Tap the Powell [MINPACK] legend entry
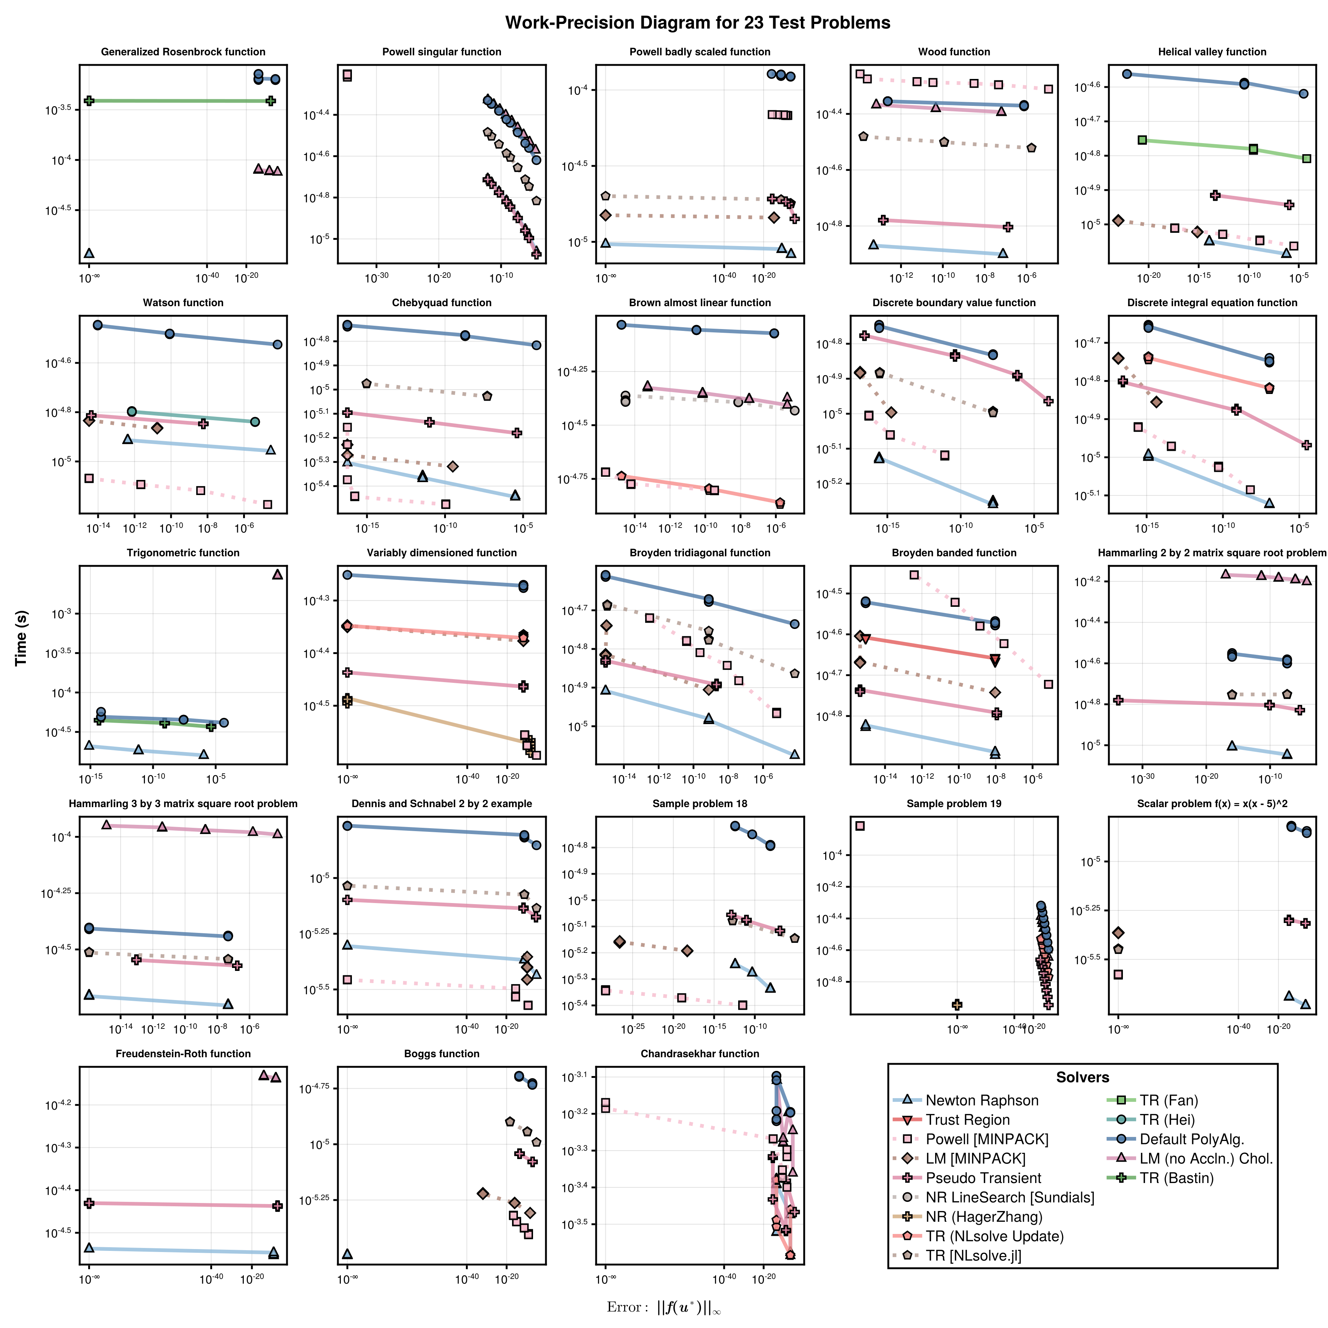986,1139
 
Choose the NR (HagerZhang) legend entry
983,1217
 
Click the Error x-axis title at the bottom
663,1307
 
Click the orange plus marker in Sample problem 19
957,1004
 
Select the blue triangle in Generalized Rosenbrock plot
89,253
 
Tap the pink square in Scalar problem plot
1118,974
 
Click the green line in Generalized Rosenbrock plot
179,101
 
